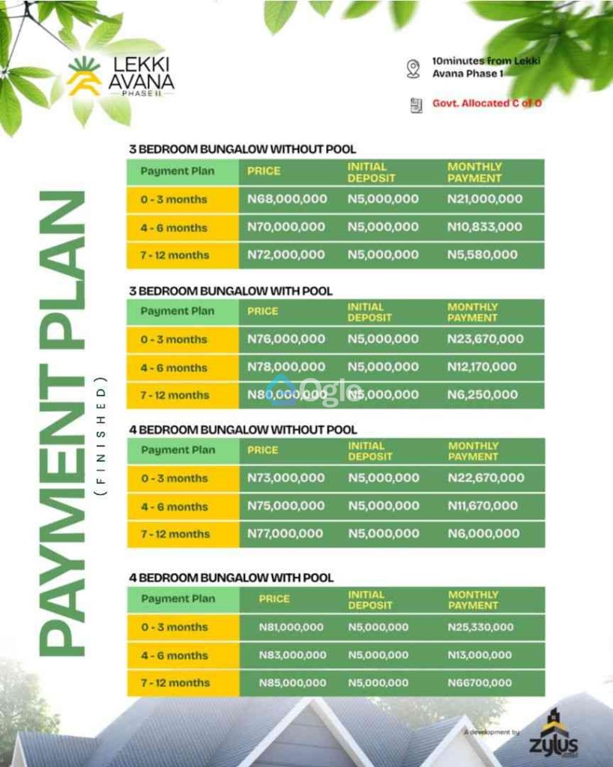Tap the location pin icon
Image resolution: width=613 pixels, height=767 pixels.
pyautogui.click(x=413, y=68)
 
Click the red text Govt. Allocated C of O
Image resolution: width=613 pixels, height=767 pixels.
pyautogui.click(x=486, y=103)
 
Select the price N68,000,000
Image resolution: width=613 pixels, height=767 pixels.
pyautogui.click(x=287, y=199)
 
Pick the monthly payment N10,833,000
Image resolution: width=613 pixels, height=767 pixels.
pyautogui.click(x=484, y=227)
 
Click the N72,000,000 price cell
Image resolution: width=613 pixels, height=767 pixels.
pyautogui.click(x=286, y=255)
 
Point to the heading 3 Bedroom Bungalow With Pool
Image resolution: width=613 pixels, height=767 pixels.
pyautogui.click(x=230, y=291)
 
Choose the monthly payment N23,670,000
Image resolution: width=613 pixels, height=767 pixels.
pyautogui.click(x=485, y=339)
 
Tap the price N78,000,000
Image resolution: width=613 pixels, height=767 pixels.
pyautogui.click(x=286, y=367)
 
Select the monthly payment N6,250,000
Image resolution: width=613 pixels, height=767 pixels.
pyautogui.click(x=482, y=395)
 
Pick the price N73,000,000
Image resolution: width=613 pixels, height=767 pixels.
pyautogui.click(x=286, y=478)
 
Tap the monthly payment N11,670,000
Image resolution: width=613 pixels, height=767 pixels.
pyautogui.click(x=482, y=506)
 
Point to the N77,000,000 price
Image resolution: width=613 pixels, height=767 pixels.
pyautogui.click(x=286, y=534)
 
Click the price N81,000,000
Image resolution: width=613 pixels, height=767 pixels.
pyautogui.click(x=292, y=627)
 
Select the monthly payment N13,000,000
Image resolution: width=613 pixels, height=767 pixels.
pyautogui.click(x=480, y=655)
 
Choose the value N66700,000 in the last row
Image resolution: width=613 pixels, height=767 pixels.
pyautogui.click(x=480, y=683)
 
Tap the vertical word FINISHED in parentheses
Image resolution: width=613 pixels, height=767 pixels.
pyautogui.click(x=102, y=435)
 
